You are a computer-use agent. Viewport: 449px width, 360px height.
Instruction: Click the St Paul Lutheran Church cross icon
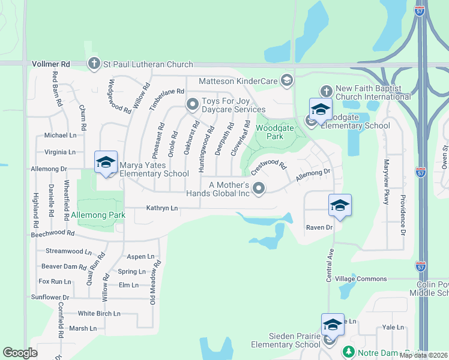click(94, 63)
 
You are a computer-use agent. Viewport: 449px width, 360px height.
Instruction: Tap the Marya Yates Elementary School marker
click(106, 163)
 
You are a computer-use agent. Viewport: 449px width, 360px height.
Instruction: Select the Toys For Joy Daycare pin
click(193, 104)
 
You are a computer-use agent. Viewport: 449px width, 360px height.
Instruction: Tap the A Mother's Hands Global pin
click(259, 188)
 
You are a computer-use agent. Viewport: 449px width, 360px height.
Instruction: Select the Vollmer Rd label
click(50, 64)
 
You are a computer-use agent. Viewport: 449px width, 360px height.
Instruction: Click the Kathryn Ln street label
click(163, 208)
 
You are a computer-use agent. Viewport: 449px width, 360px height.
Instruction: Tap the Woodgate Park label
click(270, 132)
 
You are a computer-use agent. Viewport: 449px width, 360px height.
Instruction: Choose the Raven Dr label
click(319, 228)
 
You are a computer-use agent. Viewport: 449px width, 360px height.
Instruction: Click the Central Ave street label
click(330, 266)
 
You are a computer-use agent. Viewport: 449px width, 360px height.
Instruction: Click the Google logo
click(20, 353)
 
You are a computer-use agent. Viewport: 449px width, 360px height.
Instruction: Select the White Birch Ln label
click(99, 313)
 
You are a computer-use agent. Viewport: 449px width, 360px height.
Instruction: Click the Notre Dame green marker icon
click(348, 352)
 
